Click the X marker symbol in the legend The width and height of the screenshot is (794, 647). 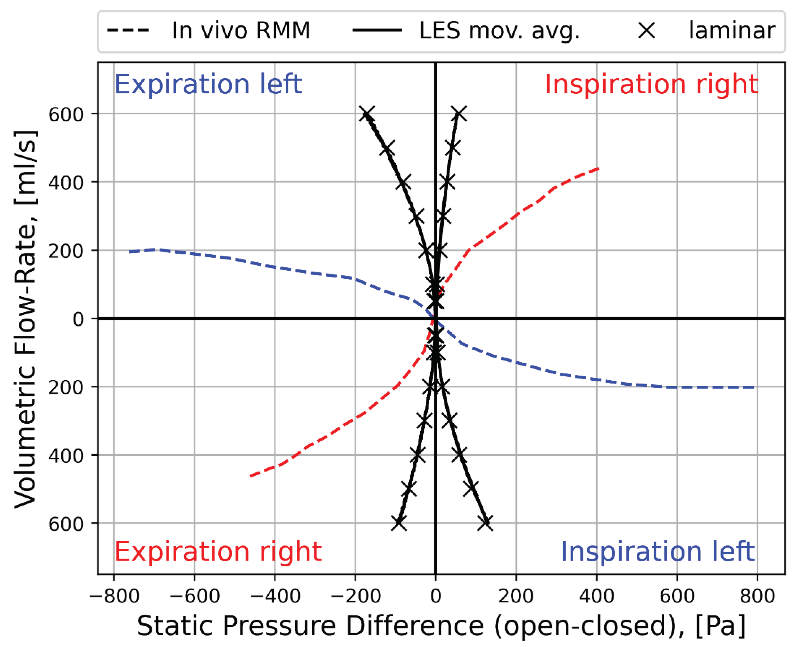646,30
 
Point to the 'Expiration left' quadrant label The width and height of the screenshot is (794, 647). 208,84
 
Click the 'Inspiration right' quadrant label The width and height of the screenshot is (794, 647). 651,84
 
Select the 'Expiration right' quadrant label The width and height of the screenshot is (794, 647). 217,552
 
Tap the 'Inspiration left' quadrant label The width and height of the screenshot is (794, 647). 657,552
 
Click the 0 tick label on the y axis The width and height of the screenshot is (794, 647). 78,319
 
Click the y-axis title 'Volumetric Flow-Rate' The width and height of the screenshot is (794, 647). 25,319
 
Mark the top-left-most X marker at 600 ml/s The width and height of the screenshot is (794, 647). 367,114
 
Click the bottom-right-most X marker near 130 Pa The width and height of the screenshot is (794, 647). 486,523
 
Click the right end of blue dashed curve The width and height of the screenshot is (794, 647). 753,387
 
